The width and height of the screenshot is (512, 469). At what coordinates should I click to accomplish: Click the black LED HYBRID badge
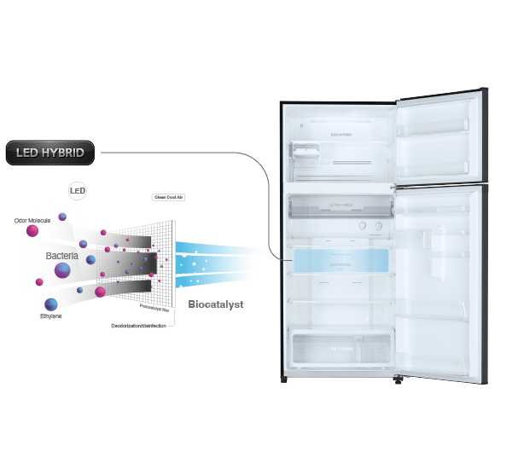50,153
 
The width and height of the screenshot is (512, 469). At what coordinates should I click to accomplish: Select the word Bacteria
62,256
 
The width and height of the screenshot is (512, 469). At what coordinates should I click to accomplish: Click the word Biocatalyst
216,304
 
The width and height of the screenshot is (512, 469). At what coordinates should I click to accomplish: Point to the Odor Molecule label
32,220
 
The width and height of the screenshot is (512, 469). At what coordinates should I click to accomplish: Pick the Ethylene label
51,317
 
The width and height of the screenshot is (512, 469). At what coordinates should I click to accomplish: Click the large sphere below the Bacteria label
63,272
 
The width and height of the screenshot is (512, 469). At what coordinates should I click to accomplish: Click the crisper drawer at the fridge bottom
339,348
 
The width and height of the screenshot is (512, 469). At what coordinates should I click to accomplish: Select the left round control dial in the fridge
362,227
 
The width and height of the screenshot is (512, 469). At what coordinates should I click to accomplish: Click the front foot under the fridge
396,379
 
